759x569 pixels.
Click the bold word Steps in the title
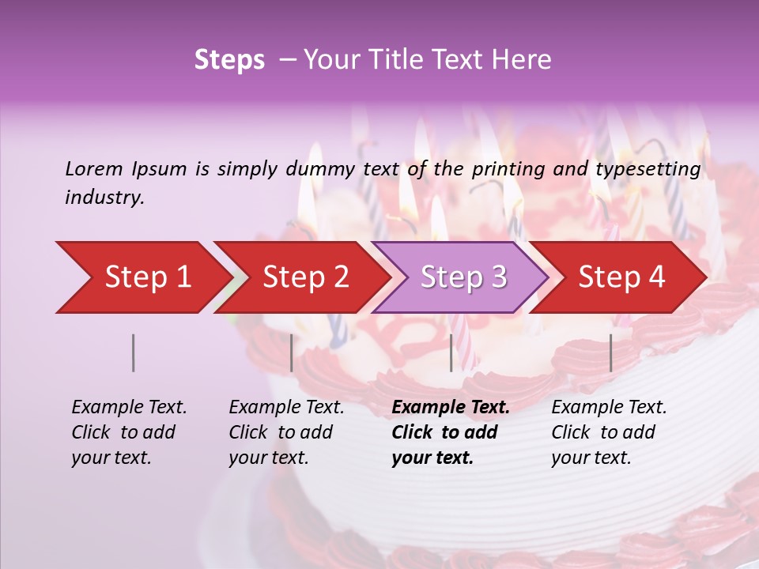[x=229, y=60]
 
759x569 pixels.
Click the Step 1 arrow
[x=142, y=277]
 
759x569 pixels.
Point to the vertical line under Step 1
[x=134, y=352]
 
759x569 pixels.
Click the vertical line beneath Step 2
[x=292, y=352]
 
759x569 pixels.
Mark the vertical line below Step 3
[x=451, y=352]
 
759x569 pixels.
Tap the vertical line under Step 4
[x=611, y=352]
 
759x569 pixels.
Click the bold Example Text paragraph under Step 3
[x=451, y=432]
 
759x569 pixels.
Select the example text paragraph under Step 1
[x=129, y=432]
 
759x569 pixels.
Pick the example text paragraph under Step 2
[x=286, y=432]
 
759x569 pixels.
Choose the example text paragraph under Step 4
[x=609, y=432]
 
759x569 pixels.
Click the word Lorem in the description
[x=94, y=168]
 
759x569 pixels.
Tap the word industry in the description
[x=104, y=198]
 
